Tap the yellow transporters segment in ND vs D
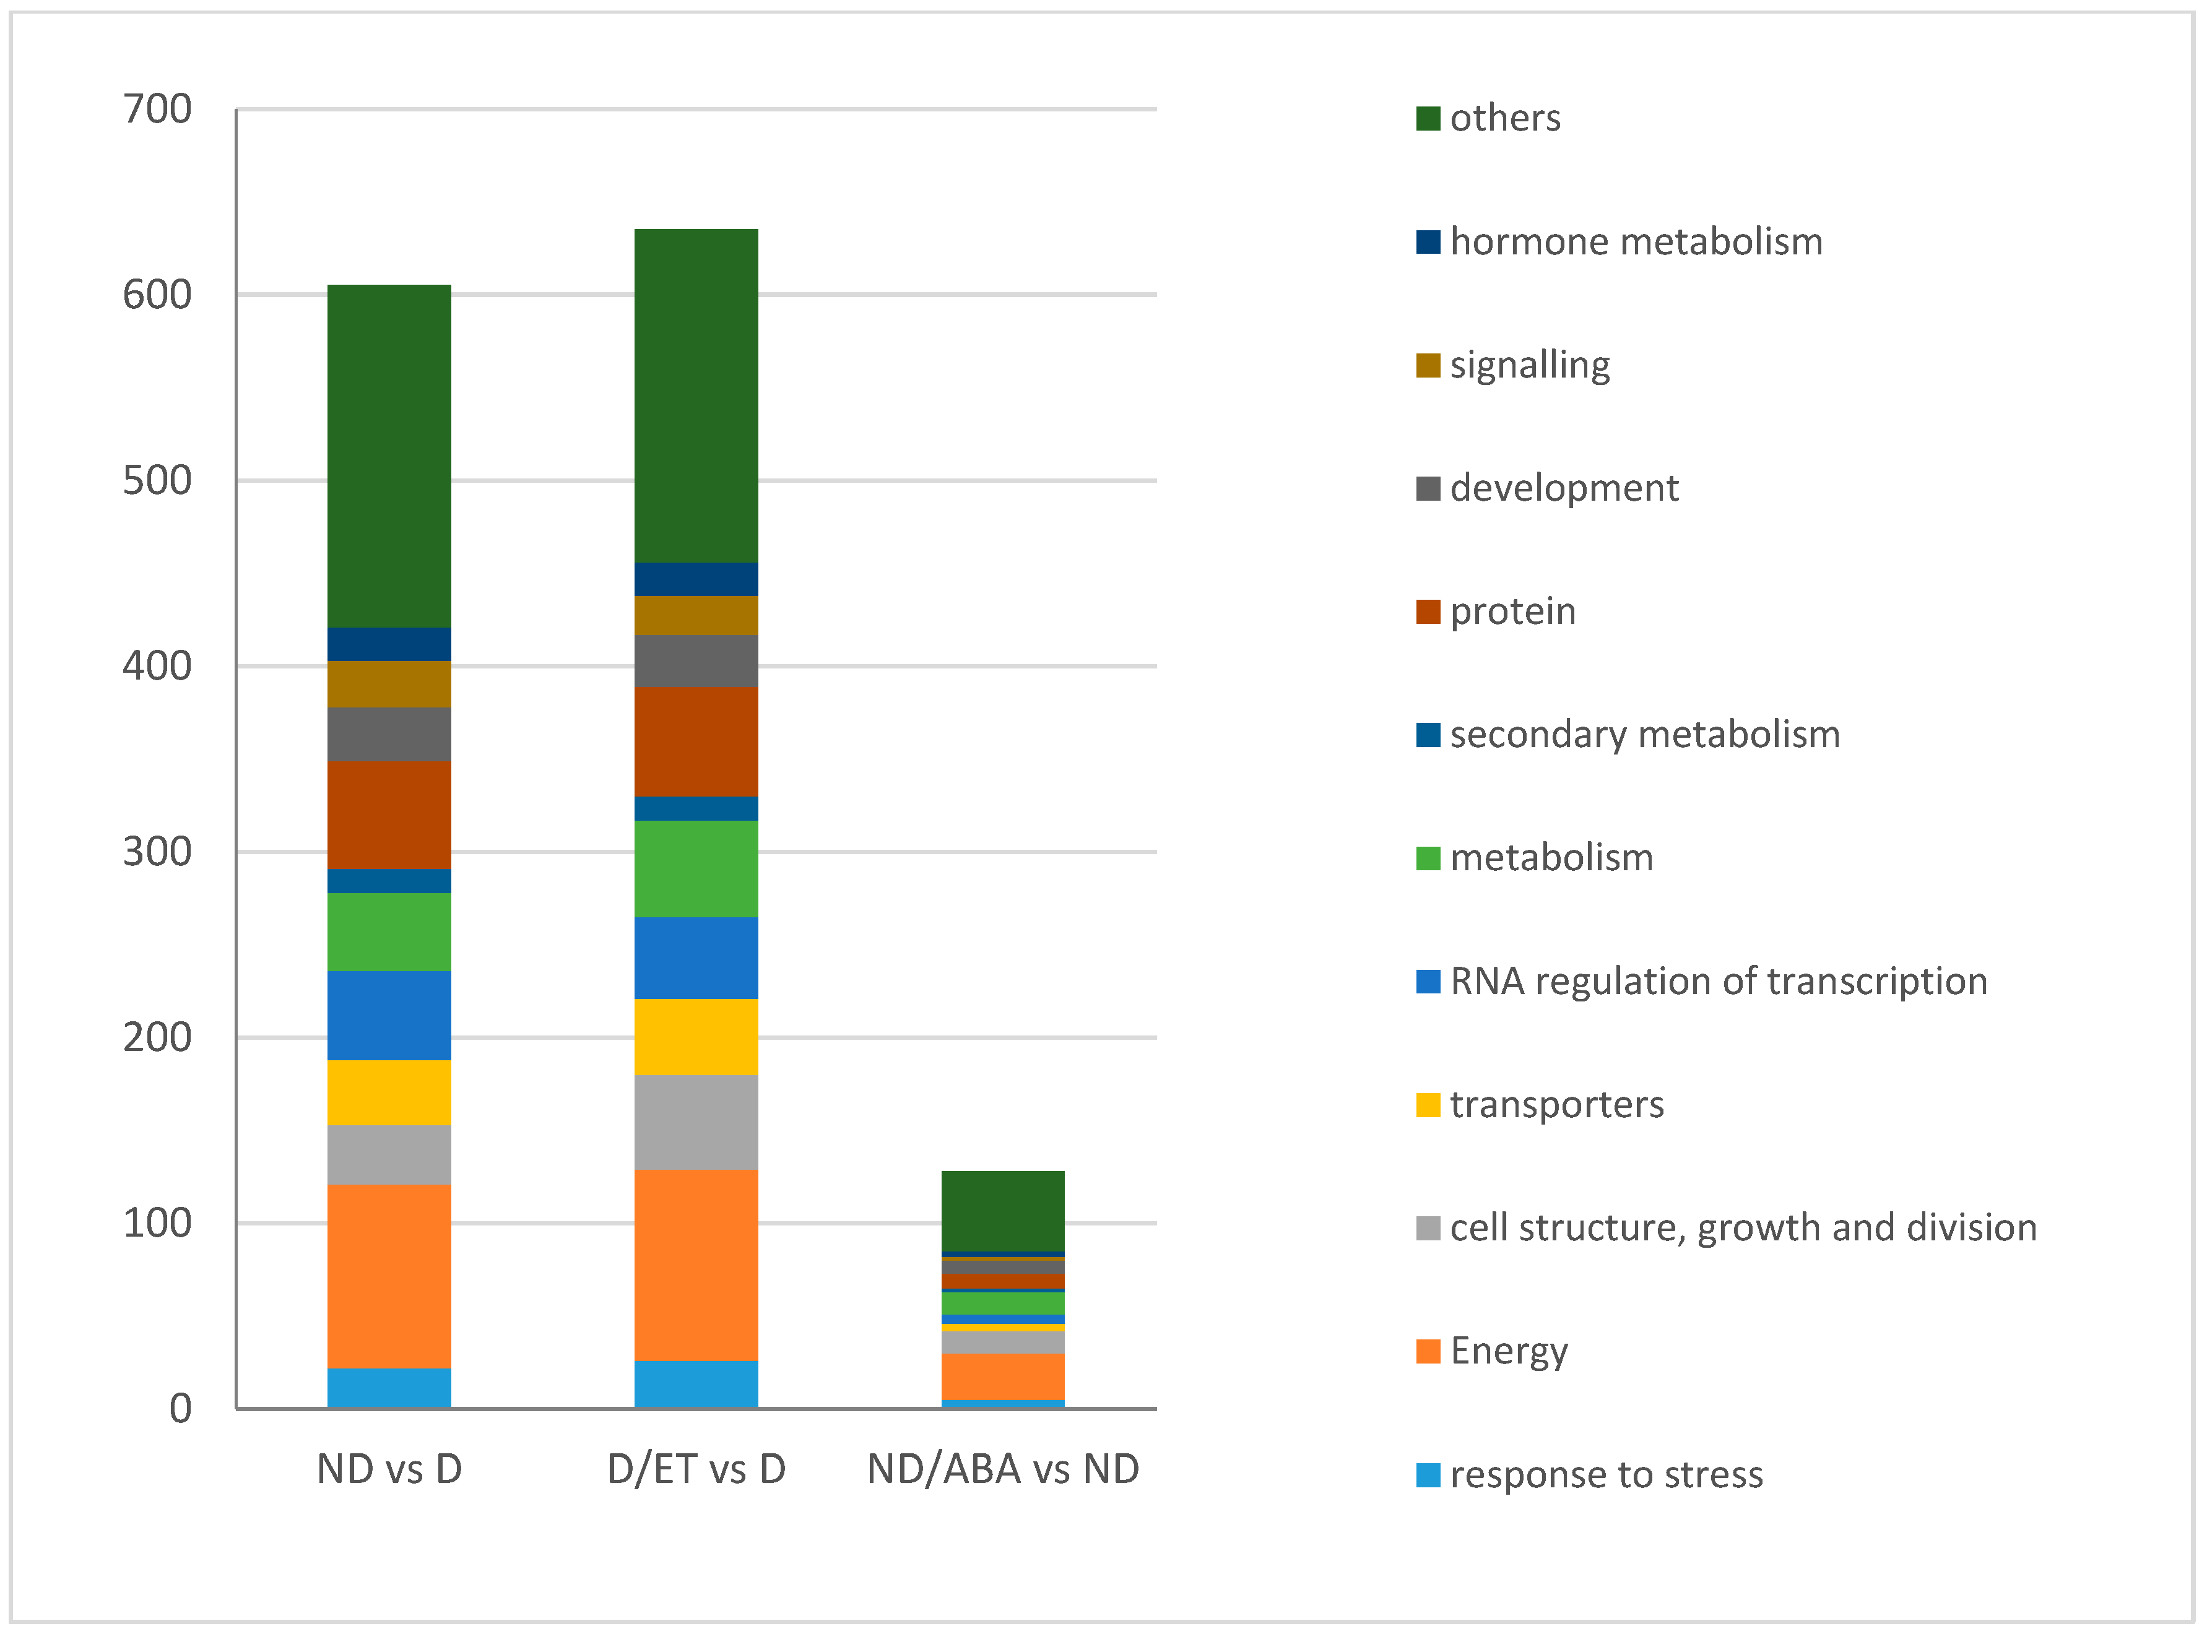389,1092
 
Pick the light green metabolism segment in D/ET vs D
695,868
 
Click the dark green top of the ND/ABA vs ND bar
1002,1211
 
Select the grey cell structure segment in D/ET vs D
695,1123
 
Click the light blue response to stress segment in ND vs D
389,1388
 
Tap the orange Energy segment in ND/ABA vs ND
1002,1377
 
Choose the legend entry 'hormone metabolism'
1635,241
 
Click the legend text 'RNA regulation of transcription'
1719,981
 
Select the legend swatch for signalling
1428,366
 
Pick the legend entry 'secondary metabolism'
1644,735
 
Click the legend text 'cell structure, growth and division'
1743,1227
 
